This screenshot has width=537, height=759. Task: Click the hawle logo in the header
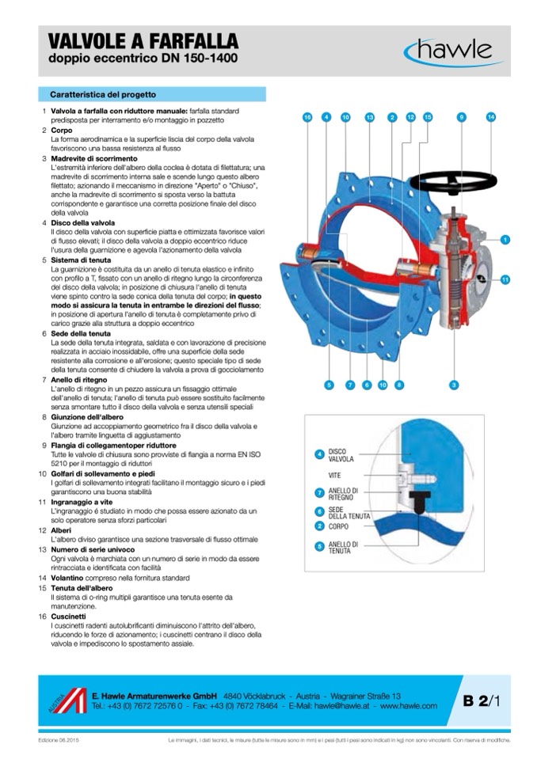coord(449,51)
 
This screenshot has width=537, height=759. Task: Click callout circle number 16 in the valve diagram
coord(307,117)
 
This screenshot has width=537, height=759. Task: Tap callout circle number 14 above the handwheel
coord(490,117)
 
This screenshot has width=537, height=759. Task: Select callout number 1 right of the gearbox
coord(505,239)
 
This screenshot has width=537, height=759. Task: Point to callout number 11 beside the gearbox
coord(505,279)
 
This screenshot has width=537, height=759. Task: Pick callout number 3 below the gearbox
coord(454,385)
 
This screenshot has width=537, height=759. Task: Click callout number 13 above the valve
coord(369,117)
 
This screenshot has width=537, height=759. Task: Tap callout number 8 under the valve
coord(398,385)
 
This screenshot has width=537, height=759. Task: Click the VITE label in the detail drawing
coord(335,475)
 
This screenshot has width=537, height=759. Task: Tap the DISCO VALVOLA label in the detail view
coord(341,455)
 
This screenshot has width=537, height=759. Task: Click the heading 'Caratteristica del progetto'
coord(103,93)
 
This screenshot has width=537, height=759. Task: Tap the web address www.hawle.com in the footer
coord(409,705)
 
